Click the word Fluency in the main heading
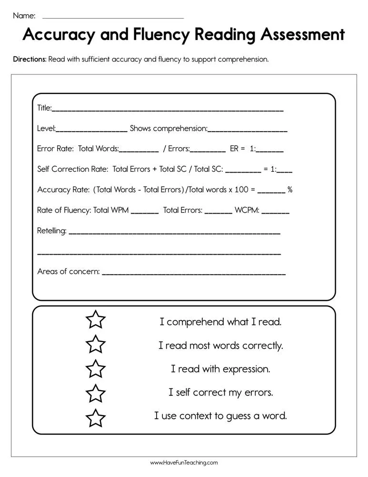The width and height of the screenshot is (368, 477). pyautogui.click(x=149, y=35)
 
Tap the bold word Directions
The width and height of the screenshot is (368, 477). pyautogui.click(x=30, y=60)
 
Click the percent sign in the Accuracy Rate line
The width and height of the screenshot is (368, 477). pyautogui.click(x=290, y=190)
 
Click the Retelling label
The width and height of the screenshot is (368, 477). pyautogui.click(x=51, y=231)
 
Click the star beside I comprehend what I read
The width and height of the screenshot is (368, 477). pyautogui.click(x=96, y=321)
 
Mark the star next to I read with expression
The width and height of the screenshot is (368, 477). pyautogui.click(x=96, y=369)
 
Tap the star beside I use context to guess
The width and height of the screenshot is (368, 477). pyautogui.click(x=96, y=417)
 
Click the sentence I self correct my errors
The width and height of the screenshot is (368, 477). pyautogui.click(x=220, y=393)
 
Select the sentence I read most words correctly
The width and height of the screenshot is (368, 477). pyautogui.click(x=220, y=345)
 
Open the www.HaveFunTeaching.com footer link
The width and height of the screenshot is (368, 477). pyautogui.click(x=184, y=463)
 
